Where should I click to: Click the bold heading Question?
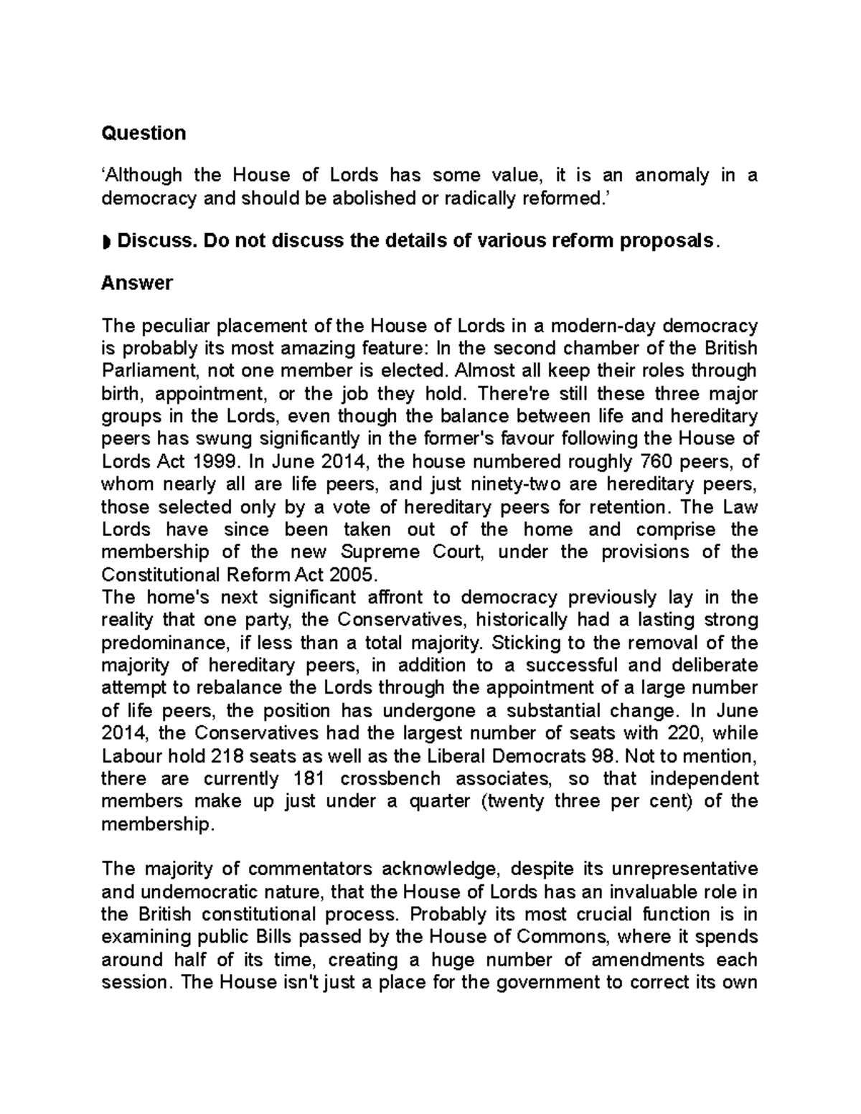point(143,133)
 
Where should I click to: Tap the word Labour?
point(131,756)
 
